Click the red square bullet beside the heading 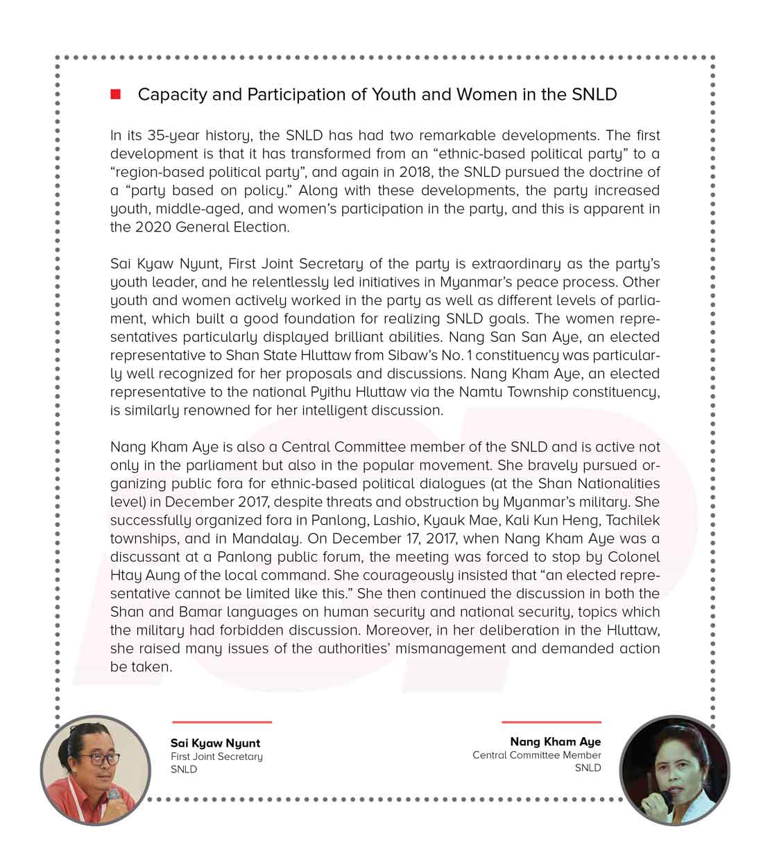pos(115,94)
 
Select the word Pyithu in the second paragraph pos(343,392)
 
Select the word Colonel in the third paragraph pos(633,557)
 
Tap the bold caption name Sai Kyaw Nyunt pos(215,743)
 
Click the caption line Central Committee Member pos(536,755)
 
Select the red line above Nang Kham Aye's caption pos(551,723)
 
